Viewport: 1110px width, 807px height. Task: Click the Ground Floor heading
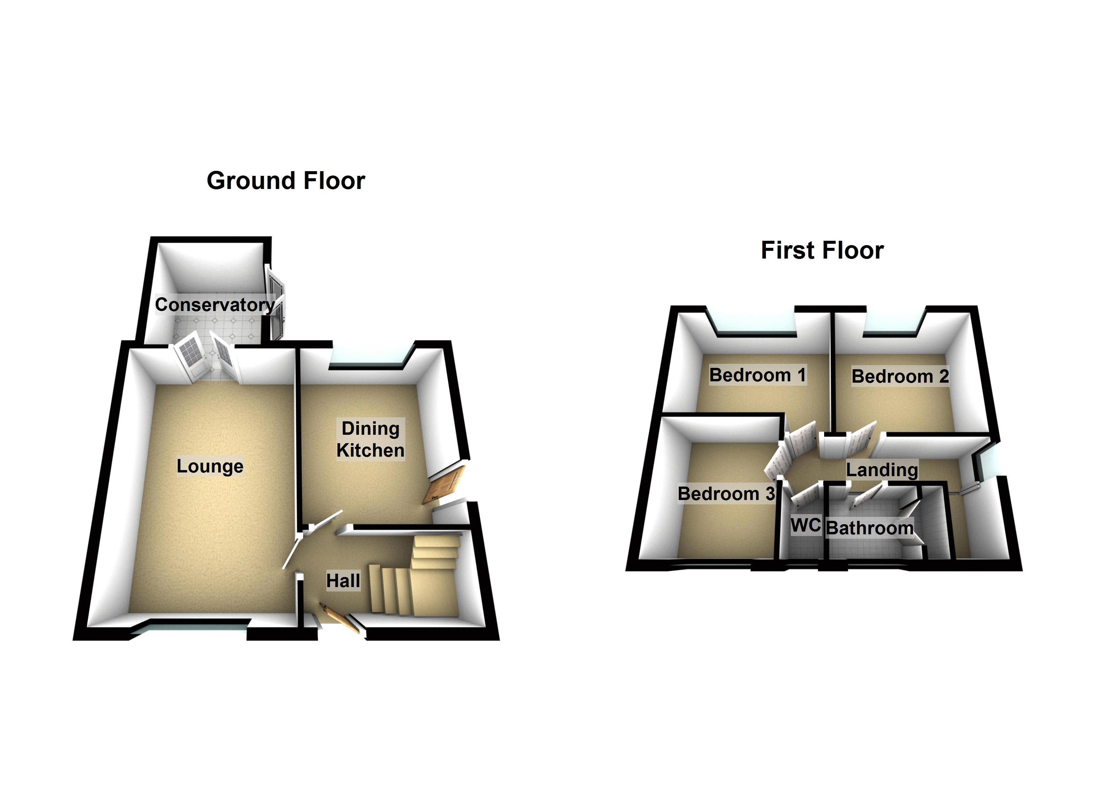click(x=286, y=181)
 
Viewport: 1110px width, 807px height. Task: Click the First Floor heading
click(x=822, y=250)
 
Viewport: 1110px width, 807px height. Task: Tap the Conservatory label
click(x=215, y=304)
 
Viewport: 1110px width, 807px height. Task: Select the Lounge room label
click(x=210, y=466)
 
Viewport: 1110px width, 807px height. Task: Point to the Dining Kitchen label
click(x=370, y=439)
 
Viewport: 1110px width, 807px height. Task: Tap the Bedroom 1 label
click(x=757, y=375)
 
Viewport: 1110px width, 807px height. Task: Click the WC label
click(x=805, y=525)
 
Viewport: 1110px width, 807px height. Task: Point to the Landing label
click(x=882, y=469)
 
